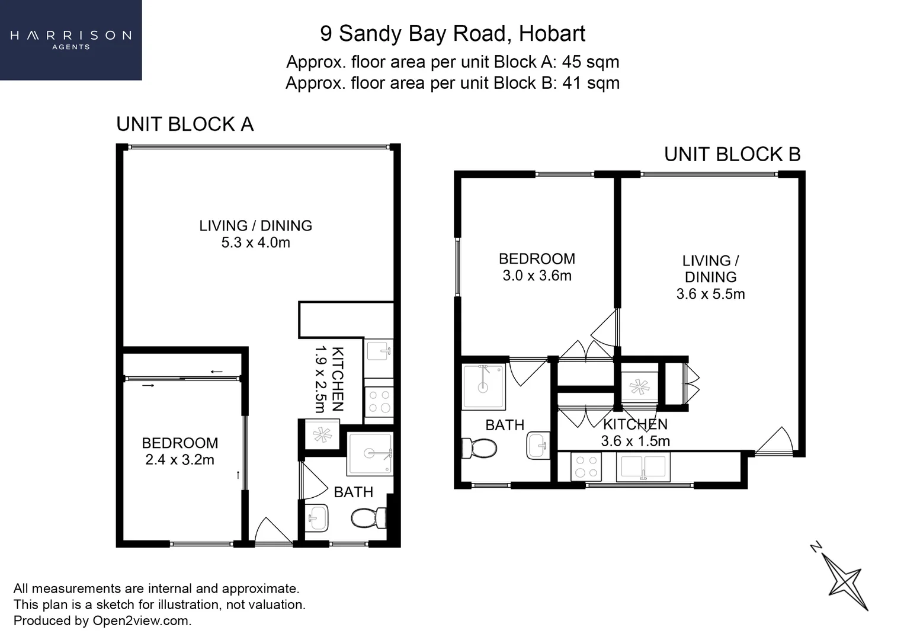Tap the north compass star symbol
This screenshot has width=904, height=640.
coord(845,579)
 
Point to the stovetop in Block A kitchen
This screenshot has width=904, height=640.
coord(379,401)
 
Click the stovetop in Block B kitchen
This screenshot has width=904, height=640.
coord(586,466)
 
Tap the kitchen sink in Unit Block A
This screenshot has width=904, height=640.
coord(379,351)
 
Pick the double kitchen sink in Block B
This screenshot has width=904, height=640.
coord(643,467)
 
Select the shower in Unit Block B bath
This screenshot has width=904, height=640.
coord(483,387)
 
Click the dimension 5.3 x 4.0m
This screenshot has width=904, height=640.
coord(255,242)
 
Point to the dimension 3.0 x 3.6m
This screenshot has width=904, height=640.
coord(537,276)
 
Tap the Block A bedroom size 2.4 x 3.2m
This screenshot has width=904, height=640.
coord(179,460)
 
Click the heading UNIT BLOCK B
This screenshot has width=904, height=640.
coord(732,155)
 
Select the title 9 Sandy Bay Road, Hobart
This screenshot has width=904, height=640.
coord(453,34)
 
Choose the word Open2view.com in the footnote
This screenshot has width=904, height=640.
coord(141,621)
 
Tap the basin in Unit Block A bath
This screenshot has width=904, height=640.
coord(316,518)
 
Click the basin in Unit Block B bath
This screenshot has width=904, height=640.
coord(538,446)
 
